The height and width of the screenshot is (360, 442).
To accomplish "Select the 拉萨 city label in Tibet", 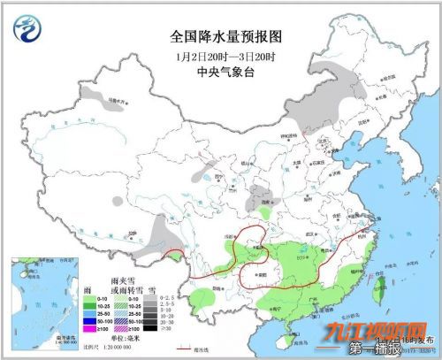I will click(x=133, y=232).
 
